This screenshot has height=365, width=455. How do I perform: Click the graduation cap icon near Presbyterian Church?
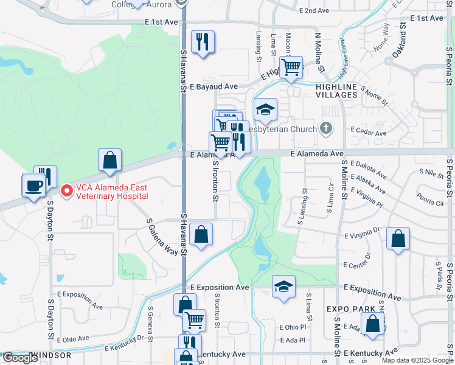(265, 109)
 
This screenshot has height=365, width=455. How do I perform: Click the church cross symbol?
(327, 128)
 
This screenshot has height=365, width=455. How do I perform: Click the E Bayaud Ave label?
(213, 87)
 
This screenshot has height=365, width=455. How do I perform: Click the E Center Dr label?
(361, 265)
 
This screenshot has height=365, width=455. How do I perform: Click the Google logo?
(19, 358)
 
